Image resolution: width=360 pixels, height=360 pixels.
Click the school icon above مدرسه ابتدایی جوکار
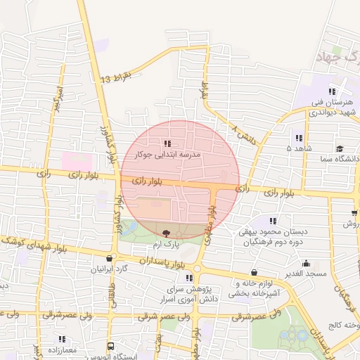click(167, 143)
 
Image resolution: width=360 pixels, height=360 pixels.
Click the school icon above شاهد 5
click(298, 138)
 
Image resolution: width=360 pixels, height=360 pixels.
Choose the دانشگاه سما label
click(339, 161)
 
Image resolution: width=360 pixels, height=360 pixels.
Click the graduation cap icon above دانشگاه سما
click(340, 148)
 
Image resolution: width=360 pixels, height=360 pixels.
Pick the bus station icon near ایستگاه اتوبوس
click(110, 346)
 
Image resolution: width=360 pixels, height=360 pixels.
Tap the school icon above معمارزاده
click(62, 339)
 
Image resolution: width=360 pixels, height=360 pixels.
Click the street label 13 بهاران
click(116, 77)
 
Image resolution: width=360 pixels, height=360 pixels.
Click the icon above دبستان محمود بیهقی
click(273, 221)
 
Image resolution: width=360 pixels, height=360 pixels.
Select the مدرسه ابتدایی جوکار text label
click(172, 154)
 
